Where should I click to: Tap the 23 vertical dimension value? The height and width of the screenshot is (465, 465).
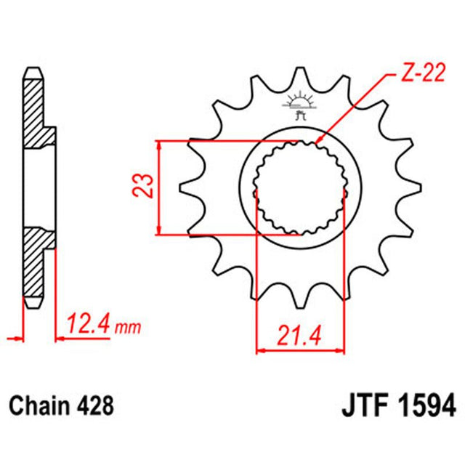(x=145, y=187)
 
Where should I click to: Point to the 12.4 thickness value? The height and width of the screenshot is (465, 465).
(x=88, y=322)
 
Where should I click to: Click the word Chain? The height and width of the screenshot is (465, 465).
(x=41, y=403)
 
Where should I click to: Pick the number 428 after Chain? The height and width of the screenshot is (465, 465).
(x=97, y=403)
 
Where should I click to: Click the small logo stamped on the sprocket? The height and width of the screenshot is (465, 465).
(x=299, y=105)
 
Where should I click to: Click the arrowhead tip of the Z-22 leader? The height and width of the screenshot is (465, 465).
(x=317, y=140)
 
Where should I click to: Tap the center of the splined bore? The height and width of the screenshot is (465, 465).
(x=299, y=187)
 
